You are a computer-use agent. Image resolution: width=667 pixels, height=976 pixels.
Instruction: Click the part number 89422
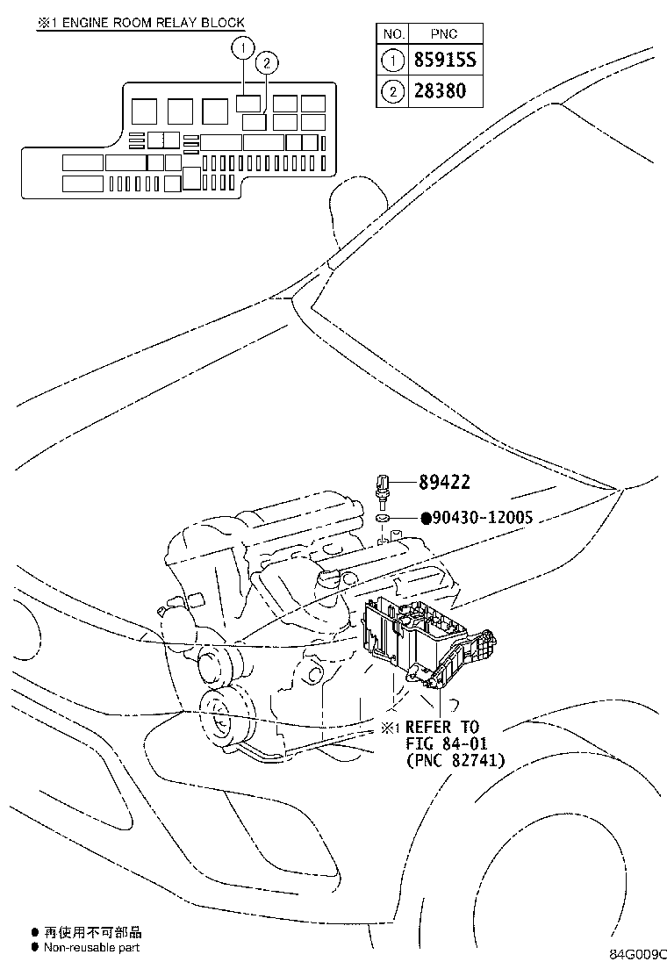(x=444, y=482)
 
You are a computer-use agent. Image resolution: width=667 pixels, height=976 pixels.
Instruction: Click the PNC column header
(x=445, y=33)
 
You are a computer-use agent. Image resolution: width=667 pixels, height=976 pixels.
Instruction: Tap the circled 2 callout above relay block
(x=267, y=62)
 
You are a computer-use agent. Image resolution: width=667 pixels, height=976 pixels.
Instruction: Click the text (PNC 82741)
(x=455, y=761)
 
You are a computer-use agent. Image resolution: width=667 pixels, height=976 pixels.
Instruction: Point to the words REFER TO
(x=442, y=728)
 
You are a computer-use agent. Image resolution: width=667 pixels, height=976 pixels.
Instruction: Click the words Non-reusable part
(x=91, y=947)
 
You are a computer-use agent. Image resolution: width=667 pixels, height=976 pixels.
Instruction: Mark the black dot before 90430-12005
(x=426, y=518)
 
